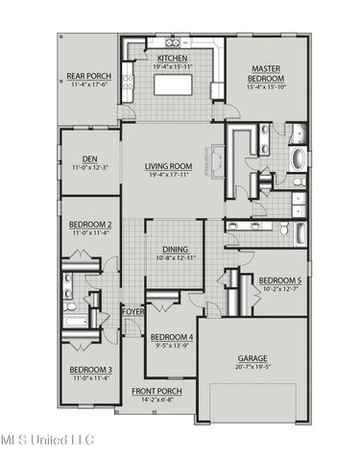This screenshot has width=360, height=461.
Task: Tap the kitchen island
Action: (x=175, y=86)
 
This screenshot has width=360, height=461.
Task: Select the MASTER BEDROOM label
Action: (x=266, y=74)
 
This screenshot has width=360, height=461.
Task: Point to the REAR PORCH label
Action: (x=87, y=76)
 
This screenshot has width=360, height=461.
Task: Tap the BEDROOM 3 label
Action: (x=90, y=370)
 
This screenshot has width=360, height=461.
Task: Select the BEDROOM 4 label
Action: (x=172, y=337)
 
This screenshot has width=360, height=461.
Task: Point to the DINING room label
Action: (x=174, y=249)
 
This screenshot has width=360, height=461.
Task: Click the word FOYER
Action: (x=132, y=311)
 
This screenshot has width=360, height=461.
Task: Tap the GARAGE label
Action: (x=252, y=359)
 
